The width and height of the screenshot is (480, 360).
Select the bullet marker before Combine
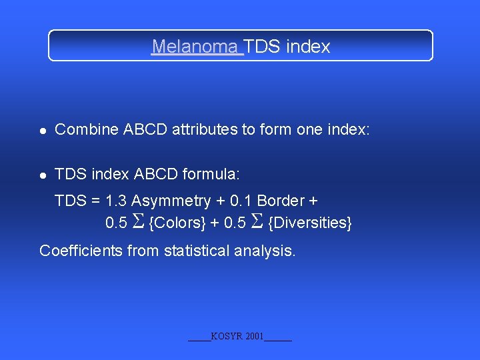43,131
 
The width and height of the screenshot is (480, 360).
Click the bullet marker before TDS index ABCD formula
43,175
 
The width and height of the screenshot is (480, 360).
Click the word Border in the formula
280,201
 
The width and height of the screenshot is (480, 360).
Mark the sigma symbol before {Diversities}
258,222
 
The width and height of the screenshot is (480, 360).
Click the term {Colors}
177,223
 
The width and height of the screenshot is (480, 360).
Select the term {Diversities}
309,223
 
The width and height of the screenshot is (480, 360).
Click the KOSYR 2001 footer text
239,337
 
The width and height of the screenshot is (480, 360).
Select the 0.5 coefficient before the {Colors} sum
117,223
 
